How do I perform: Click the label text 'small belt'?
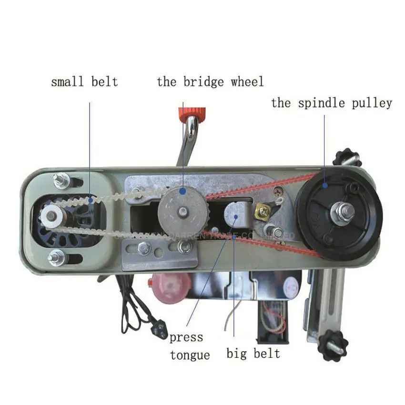(84, 81)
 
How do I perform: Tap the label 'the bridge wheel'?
(210, 81)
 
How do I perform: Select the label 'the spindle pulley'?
(332, 103)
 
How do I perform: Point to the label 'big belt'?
(253, 353)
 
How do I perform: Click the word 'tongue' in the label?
(190, 354)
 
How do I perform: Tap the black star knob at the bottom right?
(332, 341)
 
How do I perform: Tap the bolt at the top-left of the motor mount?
(61, 180)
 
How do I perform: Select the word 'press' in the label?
(186, 337)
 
